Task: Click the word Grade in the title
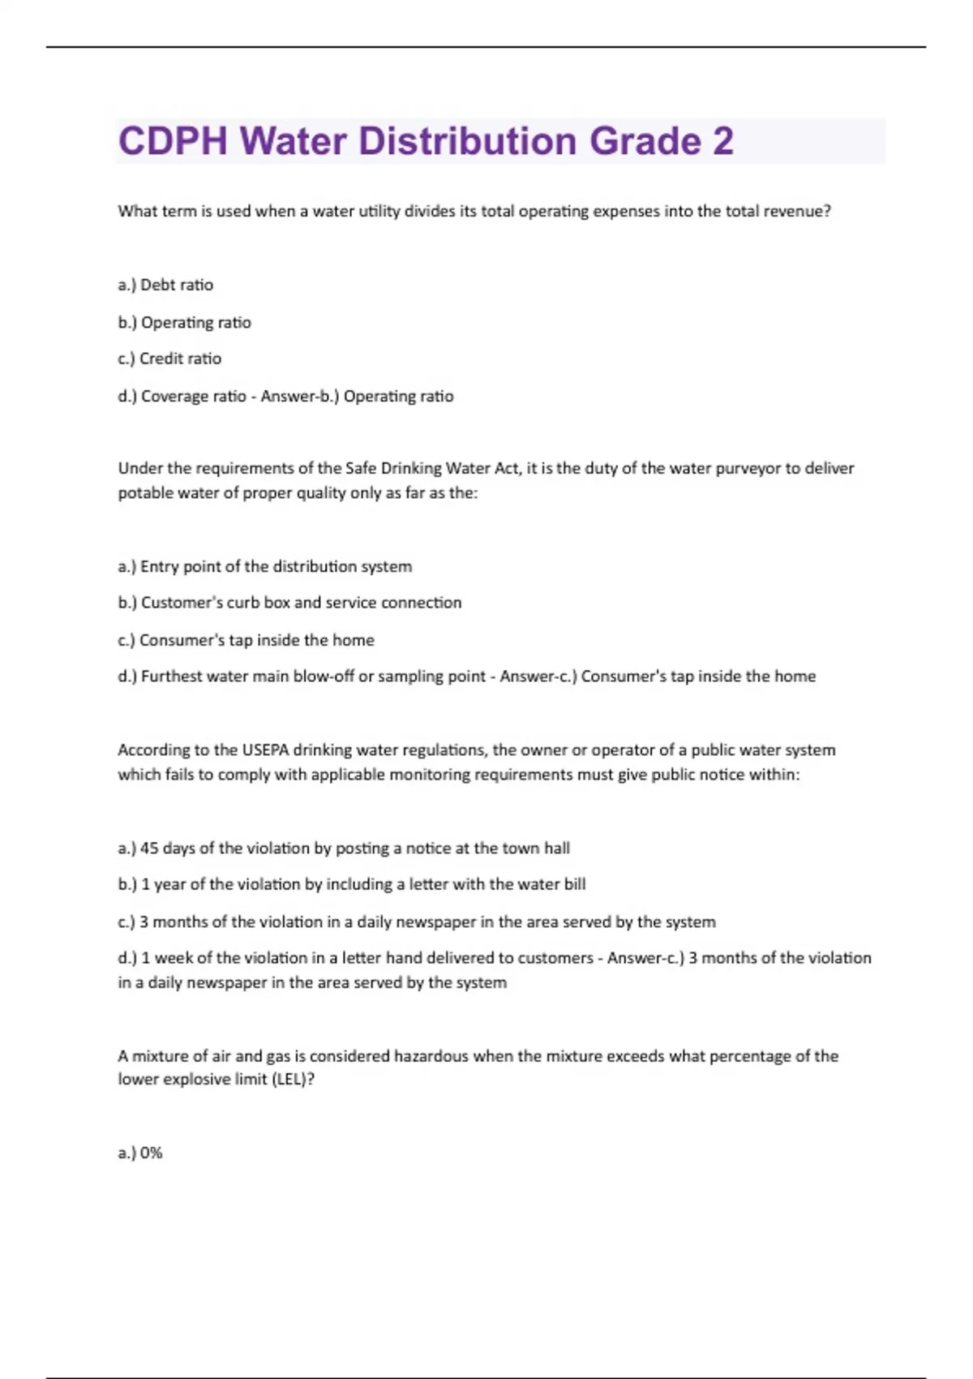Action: [645, 141]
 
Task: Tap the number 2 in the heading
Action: [723, 141]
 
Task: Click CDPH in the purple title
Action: [173, 141]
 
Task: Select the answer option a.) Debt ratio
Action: [165, 285]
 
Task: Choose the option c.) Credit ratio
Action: [169, 359]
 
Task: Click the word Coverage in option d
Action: [173, 396]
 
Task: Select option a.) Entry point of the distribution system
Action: [265, 566]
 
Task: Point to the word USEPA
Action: [265, 750]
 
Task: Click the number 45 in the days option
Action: [149, 848]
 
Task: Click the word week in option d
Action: [174, 958]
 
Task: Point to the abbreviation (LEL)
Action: [290, 1079]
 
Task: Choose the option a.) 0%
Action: [140, 1153]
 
